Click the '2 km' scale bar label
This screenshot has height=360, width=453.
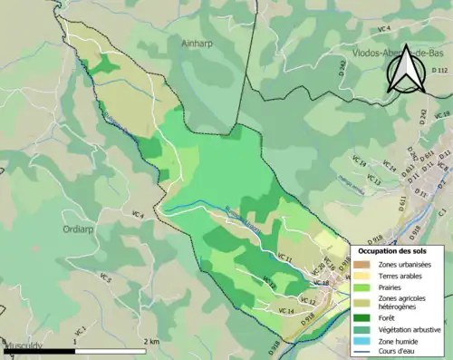point(152,341)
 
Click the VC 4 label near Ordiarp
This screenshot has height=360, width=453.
point(138,214)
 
